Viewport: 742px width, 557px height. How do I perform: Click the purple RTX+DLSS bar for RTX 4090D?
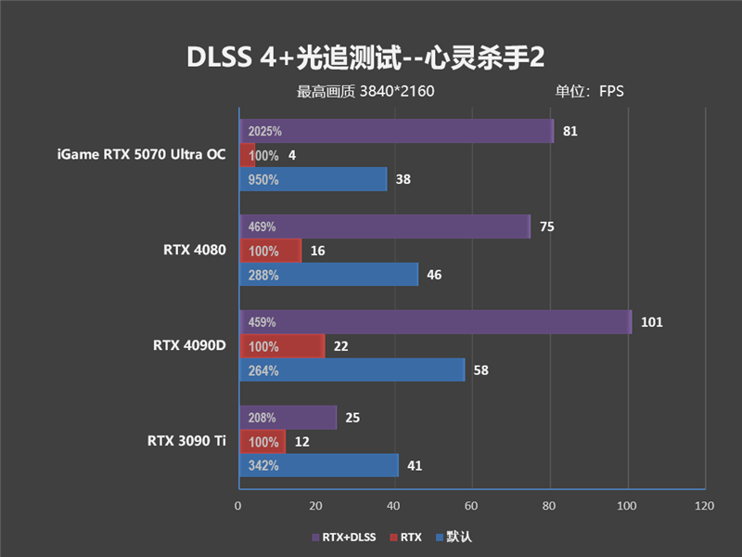435,322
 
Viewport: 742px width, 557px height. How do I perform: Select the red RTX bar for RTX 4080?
270,250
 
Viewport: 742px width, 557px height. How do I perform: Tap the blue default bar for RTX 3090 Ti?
318,465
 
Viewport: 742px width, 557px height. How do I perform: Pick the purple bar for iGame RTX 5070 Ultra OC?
396,131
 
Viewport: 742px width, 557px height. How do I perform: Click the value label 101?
651,322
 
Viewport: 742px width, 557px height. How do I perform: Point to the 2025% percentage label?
264,131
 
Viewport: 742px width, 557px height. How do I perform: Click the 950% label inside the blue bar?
263,179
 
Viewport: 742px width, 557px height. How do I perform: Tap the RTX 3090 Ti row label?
186,441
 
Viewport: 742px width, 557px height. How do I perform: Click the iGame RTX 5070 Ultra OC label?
140,155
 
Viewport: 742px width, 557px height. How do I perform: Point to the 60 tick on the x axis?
472,506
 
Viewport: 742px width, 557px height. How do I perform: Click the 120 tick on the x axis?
704,506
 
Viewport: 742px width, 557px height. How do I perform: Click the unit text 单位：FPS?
589,91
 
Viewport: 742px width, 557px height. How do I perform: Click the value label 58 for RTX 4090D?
480,370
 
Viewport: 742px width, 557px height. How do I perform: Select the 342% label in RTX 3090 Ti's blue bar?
263,465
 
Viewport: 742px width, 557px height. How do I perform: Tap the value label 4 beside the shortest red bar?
292,155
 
